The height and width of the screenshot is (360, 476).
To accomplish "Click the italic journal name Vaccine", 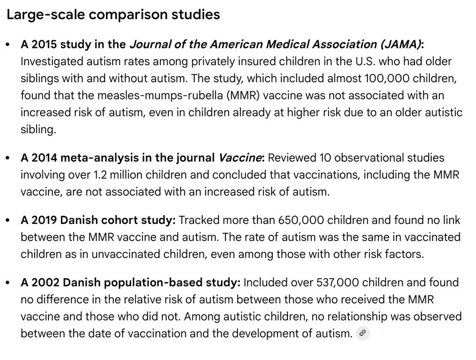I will click(x=240, y=157).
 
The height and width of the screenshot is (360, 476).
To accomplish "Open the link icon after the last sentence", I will click(x=363, y=333).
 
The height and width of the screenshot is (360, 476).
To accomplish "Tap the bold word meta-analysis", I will click(x=100, y=157).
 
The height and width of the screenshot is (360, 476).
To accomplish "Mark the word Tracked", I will click(x=198, y=220).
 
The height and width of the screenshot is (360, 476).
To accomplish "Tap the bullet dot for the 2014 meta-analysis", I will click(x=7, y=158).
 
